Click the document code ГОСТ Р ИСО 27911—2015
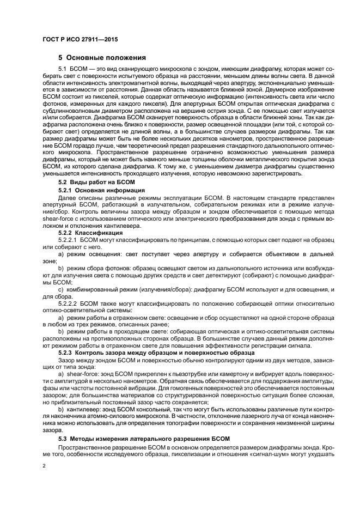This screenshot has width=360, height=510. coord(80,39)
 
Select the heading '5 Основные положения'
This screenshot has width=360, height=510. coord(102,57)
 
